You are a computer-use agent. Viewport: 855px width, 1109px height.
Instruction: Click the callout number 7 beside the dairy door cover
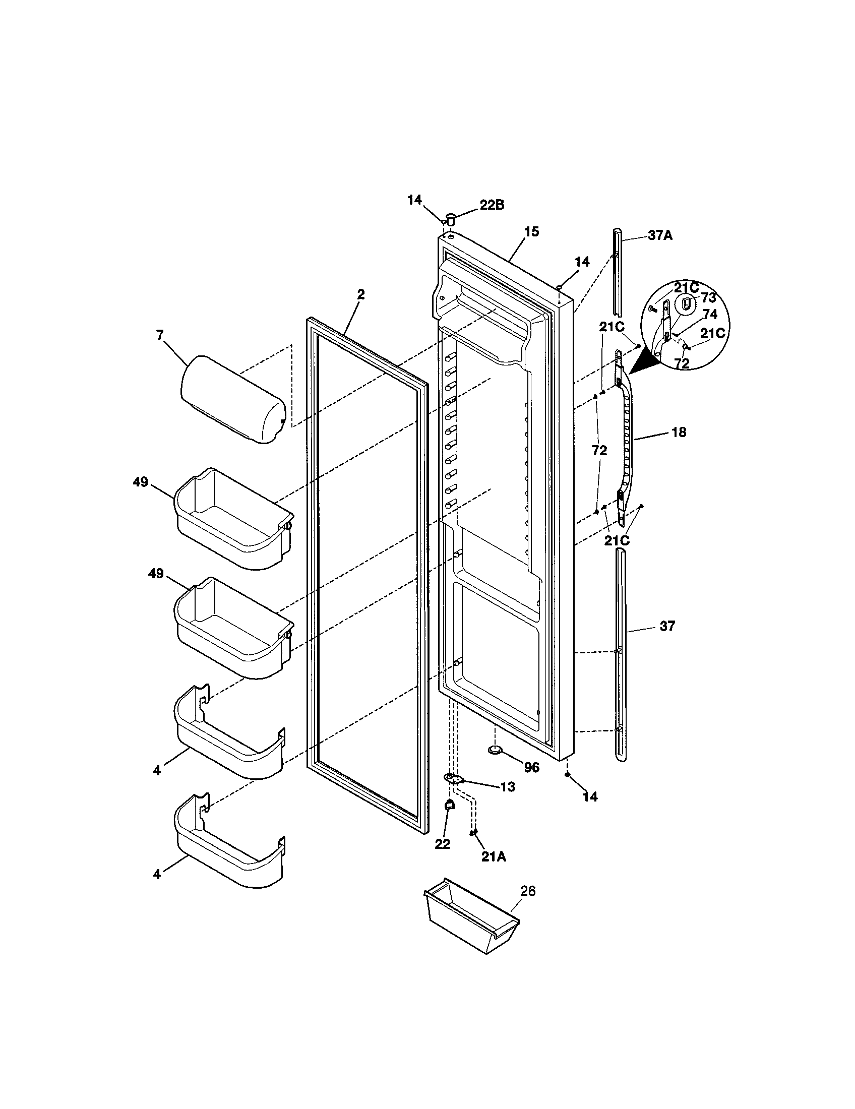160,335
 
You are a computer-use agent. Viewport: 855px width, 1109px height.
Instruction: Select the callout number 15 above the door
531,232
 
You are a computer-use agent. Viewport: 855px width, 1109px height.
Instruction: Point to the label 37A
660,235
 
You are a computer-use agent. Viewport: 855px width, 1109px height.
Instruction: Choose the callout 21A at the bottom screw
494,856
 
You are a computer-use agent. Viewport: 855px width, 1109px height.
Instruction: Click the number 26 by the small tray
528,891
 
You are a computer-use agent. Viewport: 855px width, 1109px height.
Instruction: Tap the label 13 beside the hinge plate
507,787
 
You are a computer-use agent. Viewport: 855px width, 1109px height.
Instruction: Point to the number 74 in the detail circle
710,315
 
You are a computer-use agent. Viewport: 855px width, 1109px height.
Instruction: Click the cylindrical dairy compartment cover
232,400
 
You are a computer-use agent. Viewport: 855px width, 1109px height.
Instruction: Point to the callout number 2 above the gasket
360,295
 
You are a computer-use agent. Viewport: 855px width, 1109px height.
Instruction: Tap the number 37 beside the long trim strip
667,626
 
